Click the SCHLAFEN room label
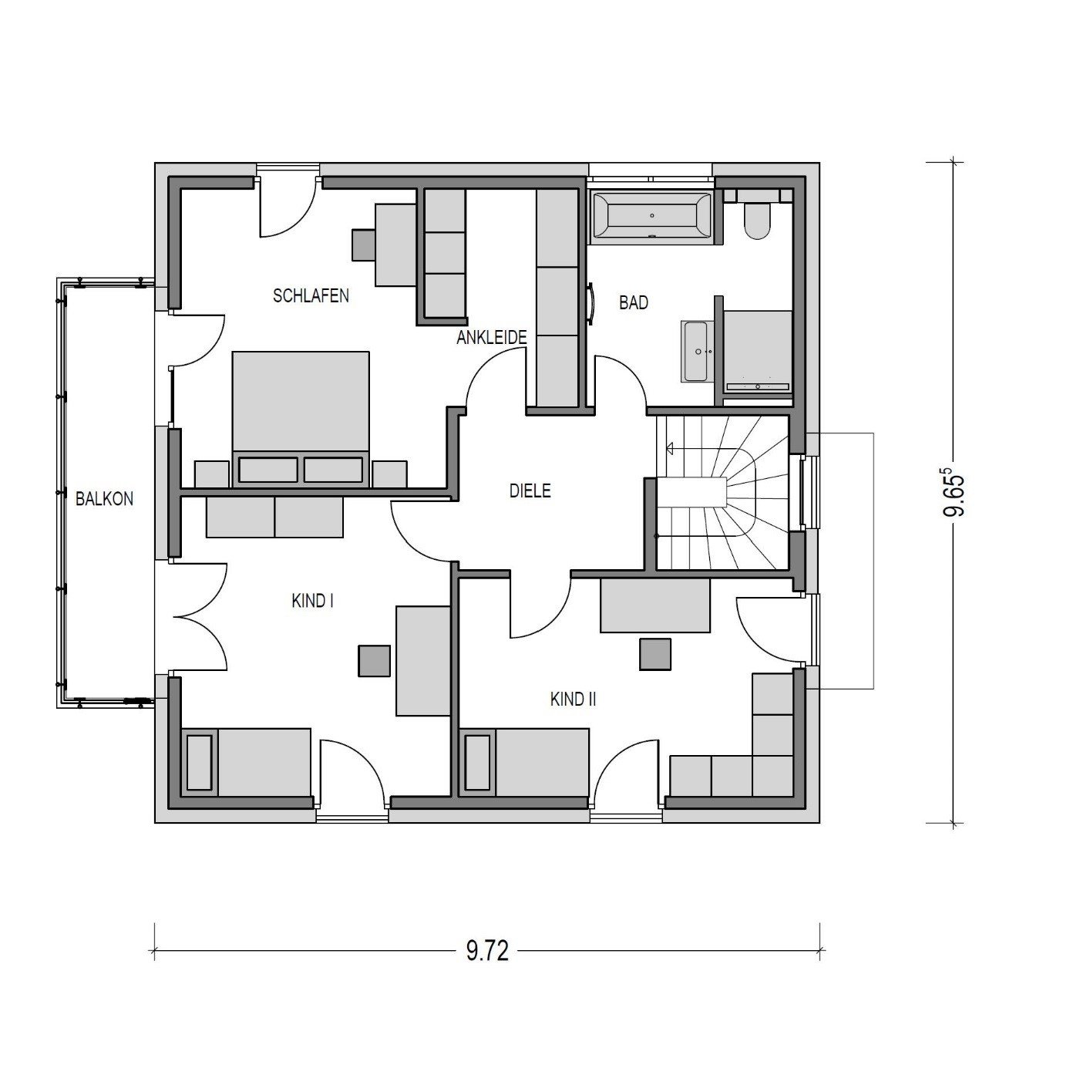[x=311, y=295]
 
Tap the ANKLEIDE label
[x=492, y=337]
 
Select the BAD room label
[x=634, y=303]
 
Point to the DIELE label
[x=530, y=491]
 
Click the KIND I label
[x=312, y=601]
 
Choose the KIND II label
[x=574, y=700]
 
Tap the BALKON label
[x=105, y=498]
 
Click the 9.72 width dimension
[x=487, y=952]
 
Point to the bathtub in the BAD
[x=651, y=219]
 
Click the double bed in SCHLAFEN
[x=301, y=418]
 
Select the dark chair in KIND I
[x=374, y=661]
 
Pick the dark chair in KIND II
[x=655, y=655]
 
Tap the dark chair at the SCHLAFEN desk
[x=365, y=244]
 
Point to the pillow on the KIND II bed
[x=477, y=762]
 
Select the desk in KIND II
[x=655, y=605]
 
